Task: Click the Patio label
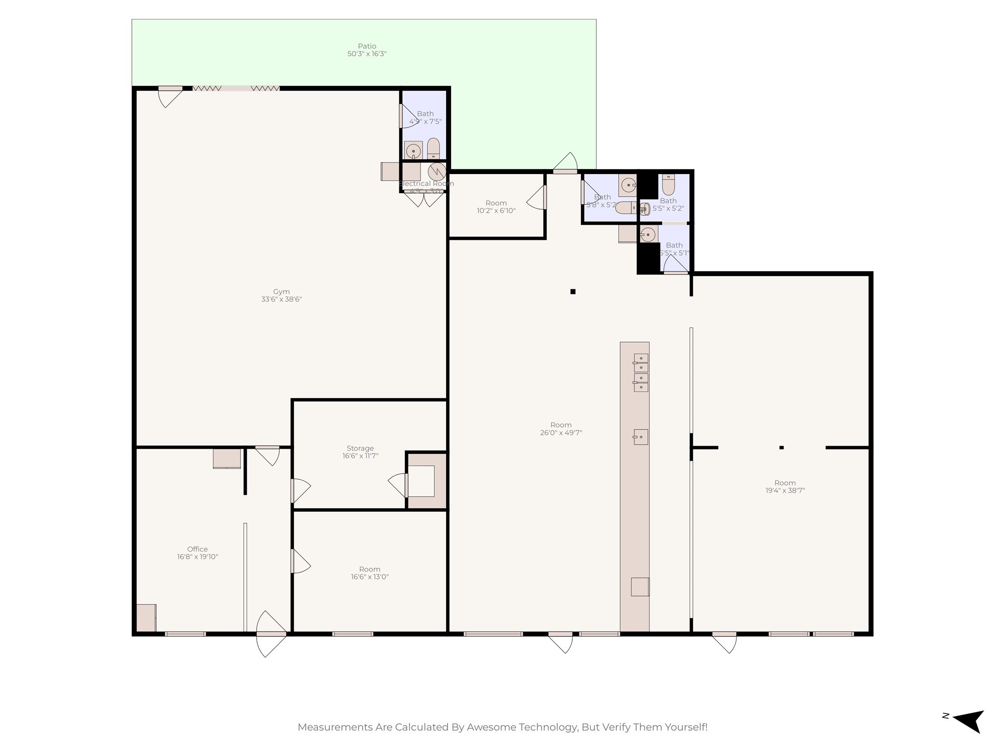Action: [367, 46]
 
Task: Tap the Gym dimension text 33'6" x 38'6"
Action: [281, 299]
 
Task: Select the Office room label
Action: [197, 549]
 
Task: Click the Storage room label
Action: [360, 448]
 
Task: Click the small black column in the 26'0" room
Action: [573, 292]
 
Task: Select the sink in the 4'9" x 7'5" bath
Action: [414, 151]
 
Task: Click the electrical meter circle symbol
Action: [436, 172]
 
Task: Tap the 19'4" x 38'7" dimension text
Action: [785, 490]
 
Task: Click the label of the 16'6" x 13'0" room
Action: [370, 569]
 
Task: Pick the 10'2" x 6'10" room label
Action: [496, 203]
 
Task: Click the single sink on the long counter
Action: [640, 436]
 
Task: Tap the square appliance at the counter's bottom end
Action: [640, 587]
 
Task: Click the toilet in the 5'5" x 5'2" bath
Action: [668, 185]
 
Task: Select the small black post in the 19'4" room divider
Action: [782, 447]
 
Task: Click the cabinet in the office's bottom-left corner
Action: [146, 618]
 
